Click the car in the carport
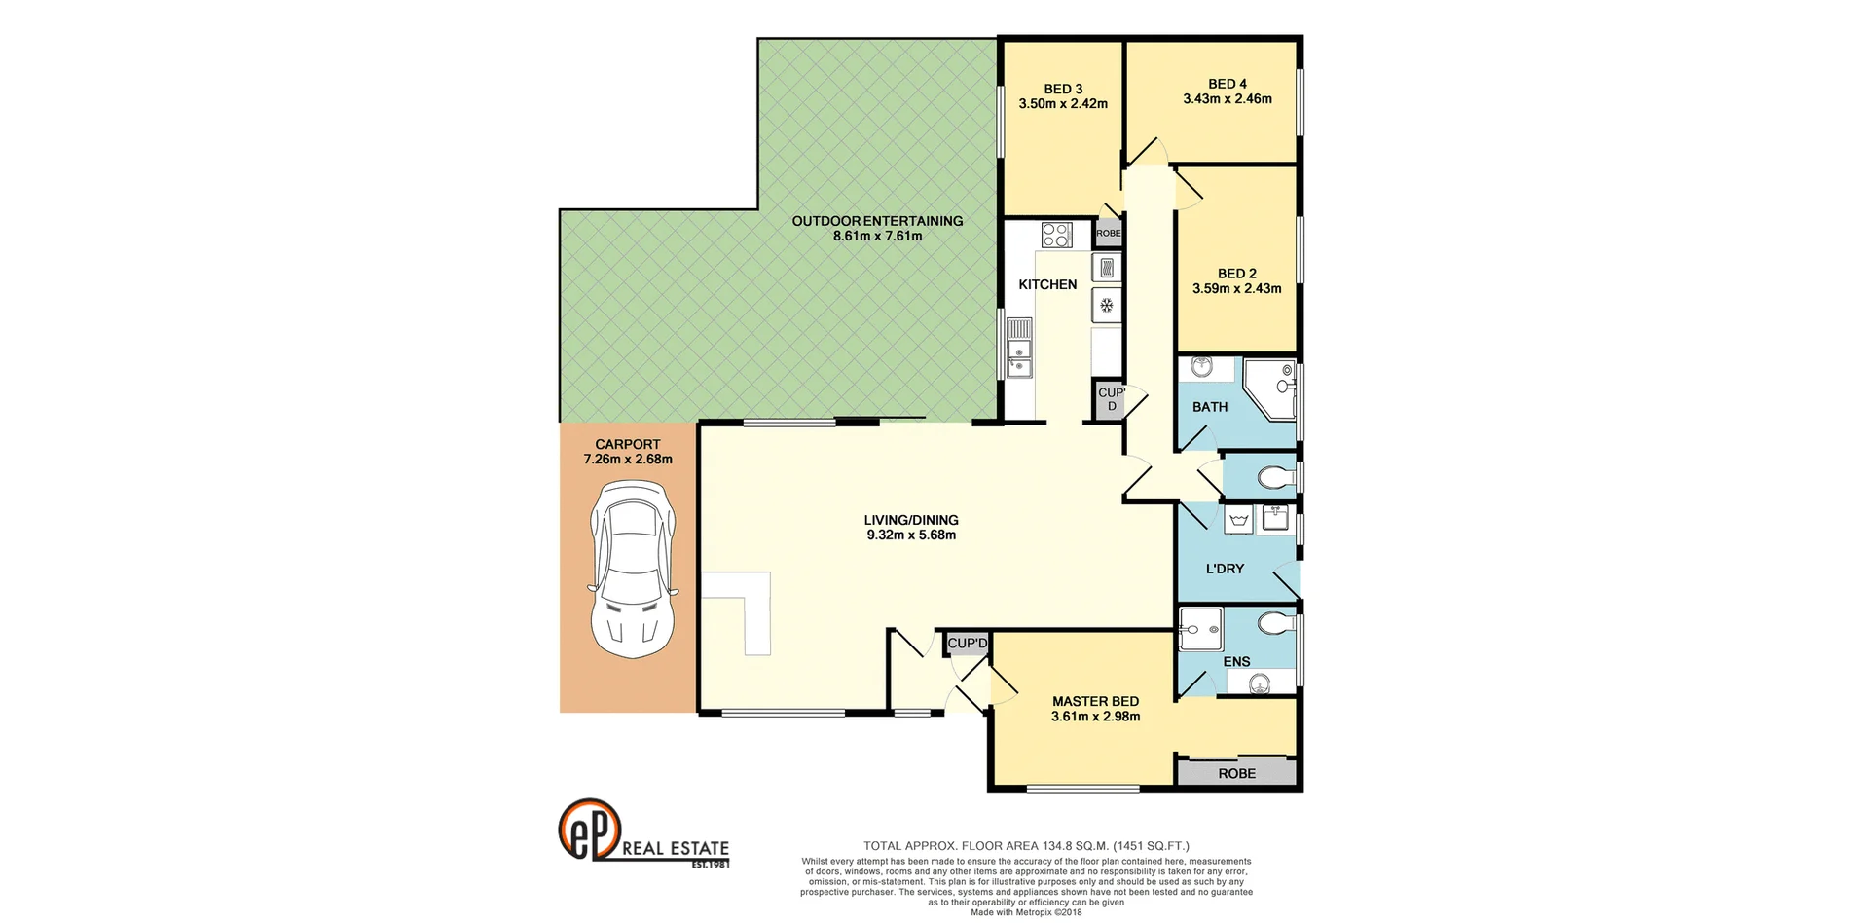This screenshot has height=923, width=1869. (x=628, y=573)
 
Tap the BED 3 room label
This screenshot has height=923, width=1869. (x=1063, y=89)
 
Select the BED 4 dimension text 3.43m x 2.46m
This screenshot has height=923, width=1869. (x=1227, y=98)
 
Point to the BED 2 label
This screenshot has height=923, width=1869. (x=1236, y=274)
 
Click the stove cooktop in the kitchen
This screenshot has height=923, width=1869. (x=1056, y=235)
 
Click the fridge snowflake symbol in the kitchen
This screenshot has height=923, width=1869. (x=1107, y=306)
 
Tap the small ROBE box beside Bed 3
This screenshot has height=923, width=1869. (x=1108, y=234)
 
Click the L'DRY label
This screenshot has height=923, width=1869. (x=1224, y=569)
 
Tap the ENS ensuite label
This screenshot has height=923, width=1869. (x=1236, y=661)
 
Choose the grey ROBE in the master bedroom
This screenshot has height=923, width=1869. (x=1236, y=773)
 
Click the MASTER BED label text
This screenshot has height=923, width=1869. (x=1095, y=701)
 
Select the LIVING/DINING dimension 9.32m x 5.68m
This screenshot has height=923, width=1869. (x=911, y=535)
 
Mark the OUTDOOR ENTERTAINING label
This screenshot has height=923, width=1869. (x=877, y=221)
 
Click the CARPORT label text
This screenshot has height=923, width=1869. (x=628, y=444)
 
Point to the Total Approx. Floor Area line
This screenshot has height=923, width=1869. (x=1026, y=846)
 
